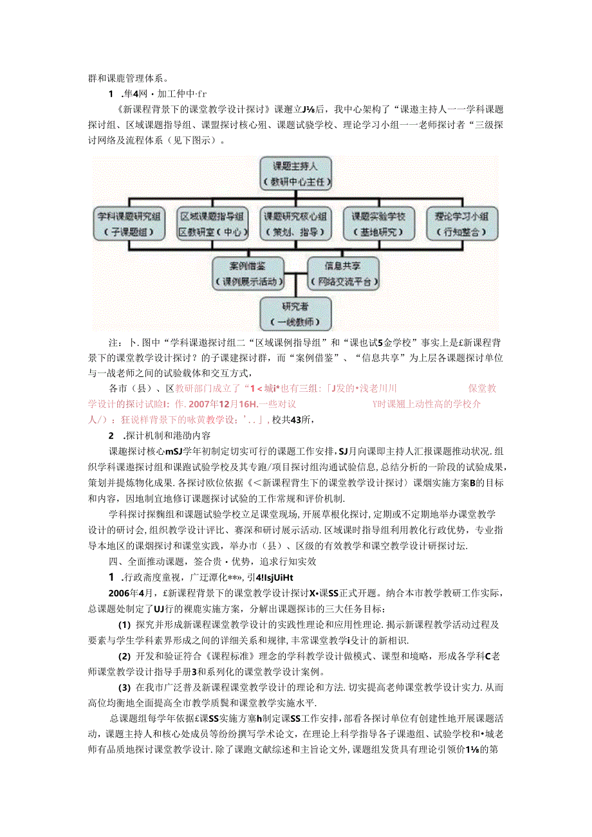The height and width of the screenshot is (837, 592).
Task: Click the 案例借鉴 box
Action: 248,272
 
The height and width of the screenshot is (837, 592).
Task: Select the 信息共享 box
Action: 342,272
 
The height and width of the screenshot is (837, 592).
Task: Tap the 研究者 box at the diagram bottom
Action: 297,314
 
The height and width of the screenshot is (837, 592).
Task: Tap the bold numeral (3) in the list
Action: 125,686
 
